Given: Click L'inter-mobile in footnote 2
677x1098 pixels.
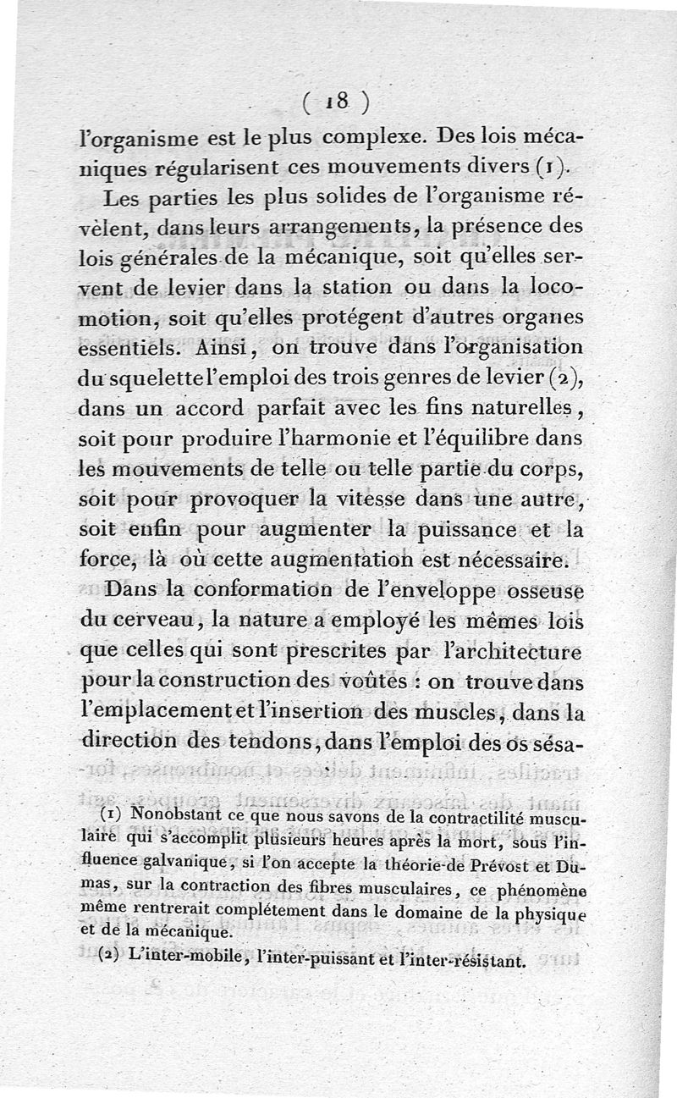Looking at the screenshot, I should [178, 963].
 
